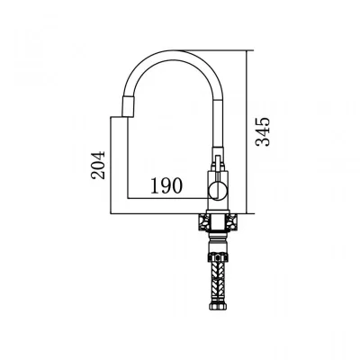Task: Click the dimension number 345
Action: point(263,132)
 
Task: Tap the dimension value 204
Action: point(98,166)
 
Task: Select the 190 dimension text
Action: point(166,185)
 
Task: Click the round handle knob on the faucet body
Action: point(218,191)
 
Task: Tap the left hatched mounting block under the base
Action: point(203,222)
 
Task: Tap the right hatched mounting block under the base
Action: point(232,222)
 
